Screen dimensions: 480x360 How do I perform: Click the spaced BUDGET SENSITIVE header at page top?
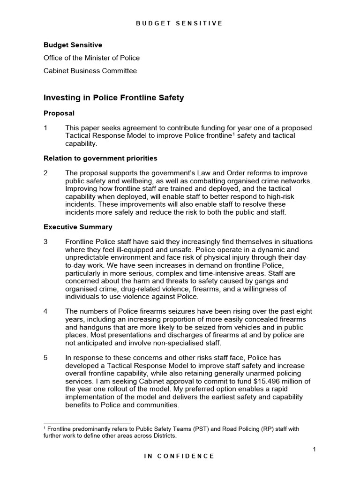click(x=180, y=23)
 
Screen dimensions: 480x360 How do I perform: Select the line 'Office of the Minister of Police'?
click(x=91, y=58)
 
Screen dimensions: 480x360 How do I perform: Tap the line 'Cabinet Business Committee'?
click(x=90, y=71)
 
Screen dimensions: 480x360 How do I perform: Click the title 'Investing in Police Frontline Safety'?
click(x=113, y=98)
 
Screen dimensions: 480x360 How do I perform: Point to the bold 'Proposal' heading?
click(x=59, y=113)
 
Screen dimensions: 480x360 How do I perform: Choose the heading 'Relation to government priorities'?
click(x=100, y=158)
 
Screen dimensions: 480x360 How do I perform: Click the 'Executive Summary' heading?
click(x=78, y=227)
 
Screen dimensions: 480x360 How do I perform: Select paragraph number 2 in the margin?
click(x=46, y=173)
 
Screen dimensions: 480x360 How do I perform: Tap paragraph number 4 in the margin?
click(x=46, y=311)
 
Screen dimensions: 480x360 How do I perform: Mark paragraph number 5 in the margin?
click(x=46, y=357)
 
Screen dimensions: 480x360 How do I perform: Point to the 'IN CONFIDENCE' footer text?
click(x=180, y=456)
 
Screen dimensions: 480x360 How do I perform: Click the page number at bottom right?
click(x=315, y=450)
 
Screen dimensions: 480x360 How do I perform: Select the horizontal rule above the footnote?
click(x=87, y=423)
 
